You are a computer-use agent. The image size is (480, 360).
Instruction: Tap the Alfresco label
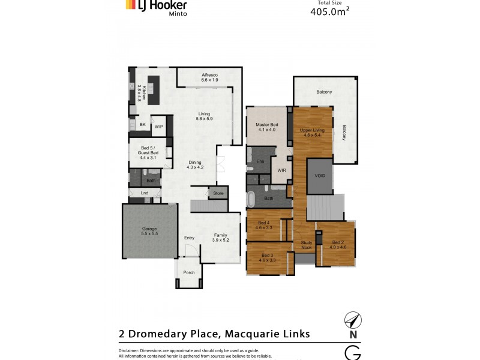(209, 75)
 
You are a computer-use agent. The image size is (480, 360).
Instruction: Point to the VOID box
(319, 176)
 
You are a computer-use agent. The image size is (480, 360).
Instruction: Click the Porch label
(189, 272)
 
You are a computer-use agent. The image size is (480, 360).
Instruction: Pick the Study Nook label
(306, 245)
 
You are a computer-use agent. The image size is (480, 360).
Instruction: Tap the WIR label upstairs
(281, 170)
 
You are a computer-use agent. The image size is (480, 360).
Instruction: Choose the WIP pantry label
(158, 127)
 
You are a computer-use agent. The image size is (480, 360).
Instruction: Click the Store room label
(218, 193)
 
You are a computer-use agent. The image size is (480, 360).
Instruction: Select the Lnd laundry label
(145, 193)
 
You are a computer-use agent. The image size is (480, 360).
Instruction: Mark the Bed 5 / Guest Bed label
(148, 150)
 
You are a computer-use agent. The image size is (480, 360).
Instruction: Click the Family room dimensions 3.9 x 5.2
(220, 240)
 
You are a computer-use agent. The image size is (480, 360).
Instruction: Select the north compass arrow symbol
(352, 320)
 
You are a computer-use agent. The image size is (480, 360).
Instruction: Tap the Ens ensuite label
(260, 162)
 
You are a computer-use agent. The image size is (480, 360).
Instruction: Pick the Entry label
(190, 238)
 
